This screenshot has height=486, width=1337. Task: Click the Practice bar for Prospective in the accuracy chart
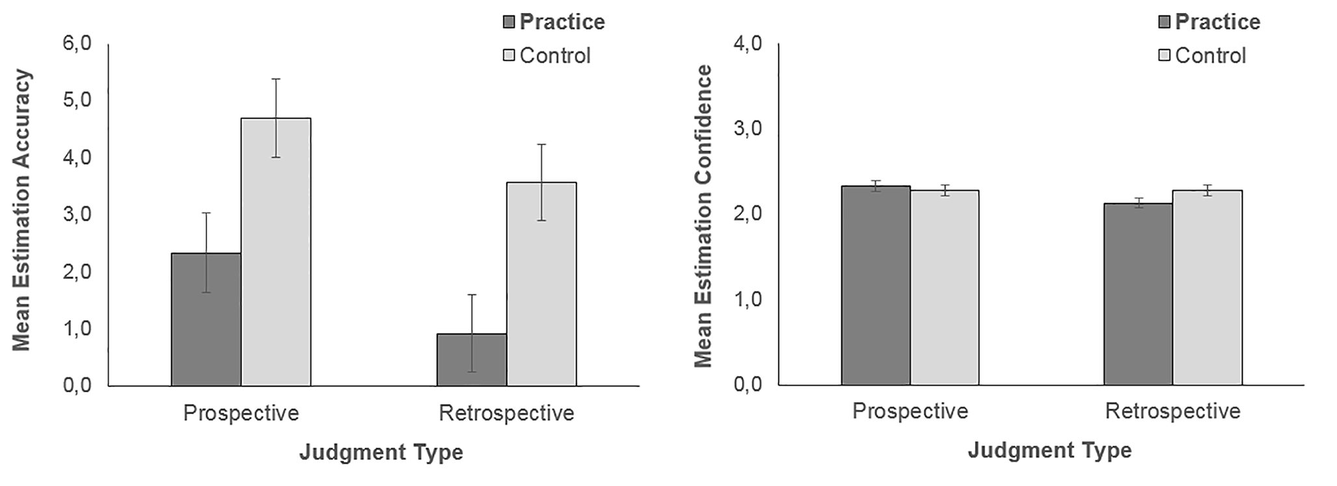[x=206, y=319]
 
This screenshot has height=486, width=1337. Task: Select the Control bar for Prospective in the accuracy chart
[x=276, y=252]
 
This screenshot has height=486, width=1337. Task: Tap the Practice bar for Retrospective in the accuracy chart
[x=472, y=360]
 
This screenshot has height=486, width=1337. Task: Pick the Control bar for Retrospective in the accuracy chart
[x=541, y=284]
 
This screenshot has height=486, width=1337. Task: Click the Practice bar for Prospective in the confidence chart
[x=876, y=286]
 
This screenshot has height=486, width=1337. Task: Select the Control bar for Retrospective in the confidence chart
[x=1208, y=288]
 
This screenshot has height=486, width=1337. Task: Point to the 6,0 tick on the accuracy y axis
[x=77, y=44]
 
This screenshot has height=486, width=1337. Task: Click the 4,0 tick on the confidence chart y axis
[x=748, y=44]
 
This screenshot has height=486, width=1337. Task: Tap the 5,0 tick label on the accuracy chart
[x=77, y=101]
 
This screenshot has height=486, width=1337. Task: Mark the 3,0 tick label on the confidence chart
[x=748, y=129]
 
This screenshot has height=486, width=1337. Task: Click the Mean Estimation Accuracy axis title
[x=21, y=210]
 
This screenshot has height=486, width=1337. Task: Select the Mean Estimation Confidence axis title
[x=703, y=215]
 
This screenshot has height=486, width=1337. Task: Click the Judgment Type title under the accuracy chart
[x=381, y=452]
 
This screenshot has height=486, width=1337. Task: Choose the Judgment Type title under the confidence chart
[x=1050, y=450]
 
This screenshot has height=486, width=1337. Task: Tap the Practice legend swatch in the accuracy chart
[x=509, y=22]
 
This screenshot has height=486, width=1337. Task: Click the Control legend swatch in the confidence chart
[x=1165, y=55]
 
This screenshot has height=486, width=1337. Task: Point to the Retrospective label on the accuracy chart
[x=507, y=413]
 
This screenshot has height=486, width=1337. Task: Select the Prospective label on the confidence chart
[x=910, y=411]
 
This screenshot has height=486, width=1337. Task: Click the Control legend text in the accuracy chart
[x=555, y=56]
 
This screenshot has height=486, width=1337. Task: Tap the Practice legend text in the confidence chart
[x=1218, y=22]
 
